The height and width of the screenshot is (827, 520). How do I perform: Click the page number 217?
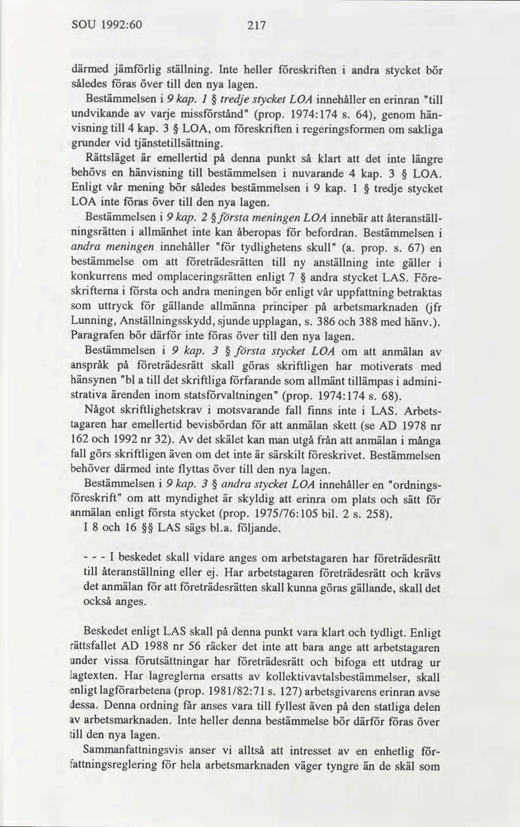click(x=256, y=25)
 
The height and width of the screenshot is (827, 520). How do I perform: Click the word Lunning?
click(x=92, y=321)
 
